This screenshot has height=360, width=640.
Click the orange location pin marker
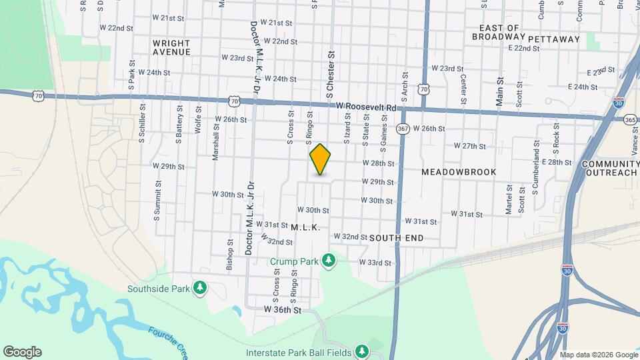click(x=321, y=159)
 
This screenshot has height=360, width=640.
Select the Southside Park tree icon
click(x=199, y=288)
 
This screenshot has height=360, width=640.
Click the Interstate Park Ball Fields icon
click(x=361, y=351)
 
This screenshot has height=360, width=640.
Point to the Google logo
click(x=22, y=352)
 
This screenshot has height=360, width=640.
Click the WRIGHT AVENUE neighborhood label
click(x=171, y=46)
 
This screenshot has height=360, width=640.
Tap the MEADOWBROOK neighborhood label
click(x=459, y=172)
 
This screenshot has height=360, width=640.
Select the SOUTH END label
click(x=396, y=237)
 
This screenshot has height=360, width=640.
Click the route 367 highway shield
click(x=403, y=128)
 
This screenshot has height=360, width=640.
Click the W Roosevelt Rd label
click(x=366, y=106)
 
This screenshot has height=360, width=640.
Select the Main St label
click(x=500, y=90)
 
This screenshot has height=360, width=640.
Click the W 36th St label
click(x=283, y=310)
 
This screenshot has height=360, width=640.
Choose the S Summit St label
click(x=158, y=201)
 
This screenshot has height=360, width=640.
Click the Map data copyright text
click(x=599, y=355)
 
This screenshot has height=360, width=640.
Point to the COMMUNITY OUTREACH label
click(x=610, y=168)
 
